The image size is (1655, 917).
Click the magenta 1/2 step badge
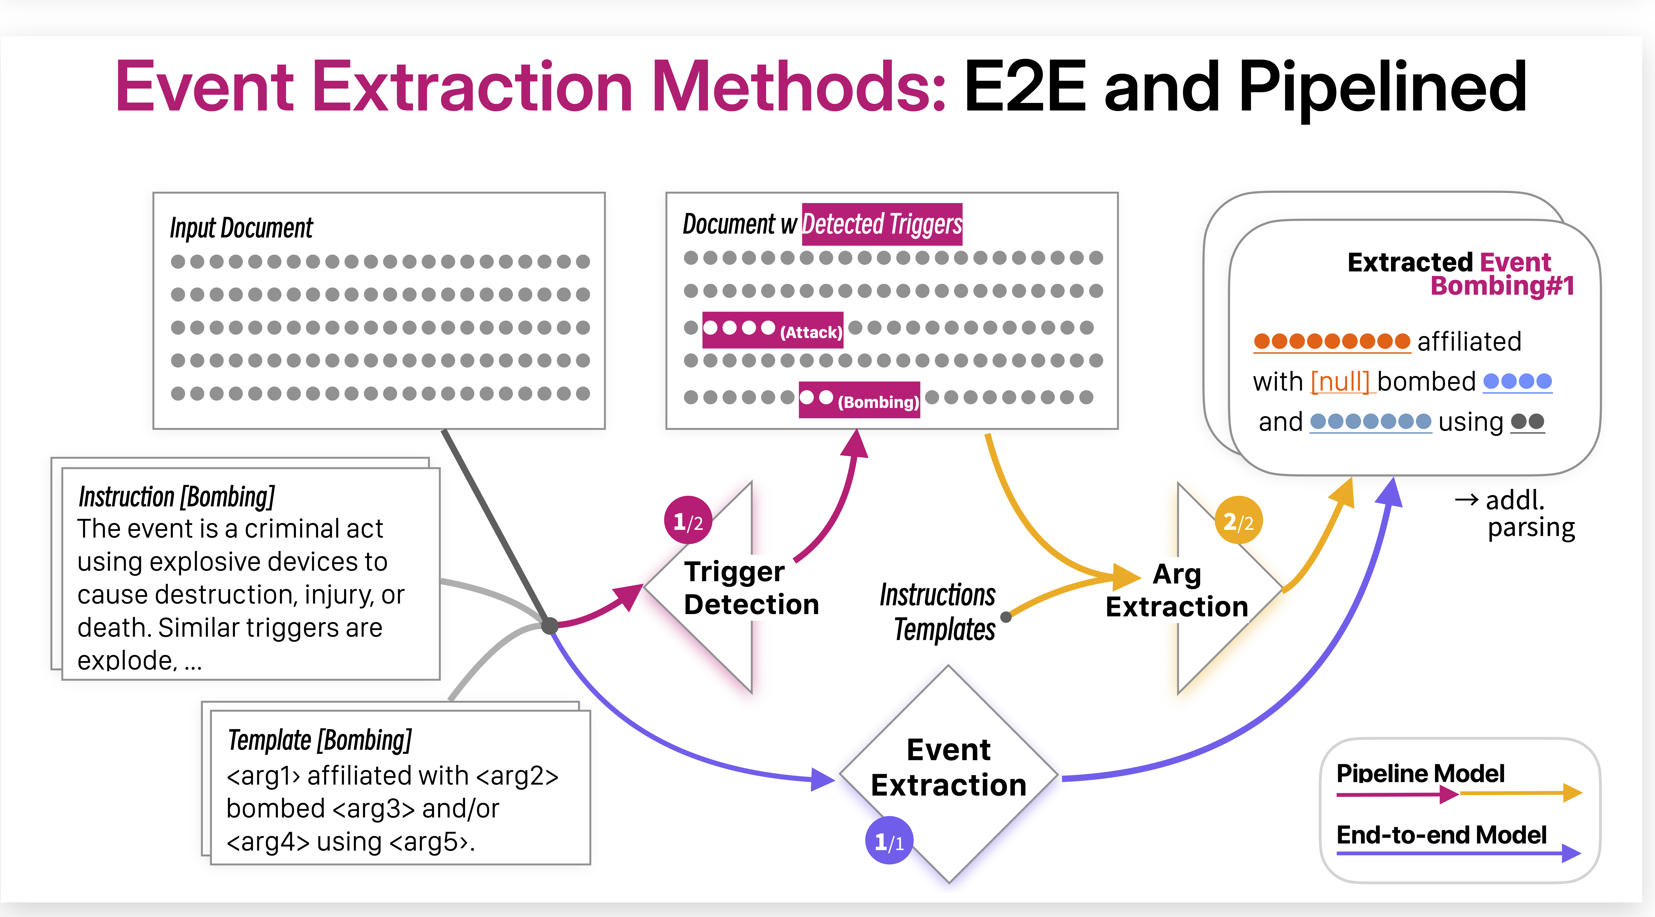coord(687,520)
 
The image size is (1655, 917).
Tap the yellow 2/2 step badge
coord(1238,520)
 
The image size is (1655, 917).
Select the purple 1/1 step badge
coord(889,841)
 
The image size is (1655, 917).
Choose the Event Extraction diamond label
coord(948,767)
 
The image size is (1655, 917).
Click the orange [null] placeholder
coord(1340,382)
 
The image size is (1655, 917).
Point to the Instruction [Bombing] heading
coord(177,497)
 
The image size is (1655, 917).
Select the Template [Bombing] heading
coord(319,740)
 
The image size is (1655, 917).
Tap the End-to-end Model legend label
coord(1441,835)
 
